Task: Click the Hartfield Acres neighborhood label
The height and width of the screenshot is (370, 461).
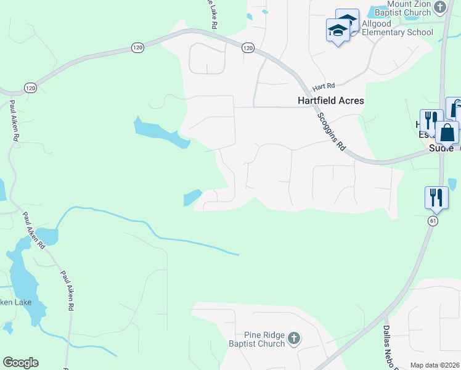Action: [x=332, y=101]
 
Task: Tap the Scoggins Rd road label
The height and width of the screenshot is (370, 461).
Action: [x=331, y=131]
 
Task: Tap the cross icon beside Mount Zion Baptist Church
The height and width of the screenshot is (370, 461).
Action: [x=439, y=7]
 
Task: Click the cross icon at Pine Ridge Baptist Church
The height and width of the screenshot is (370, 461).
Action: [x=294, y=338]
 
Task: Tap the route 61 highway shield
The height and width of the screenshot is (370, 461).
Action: [x=433, y=220]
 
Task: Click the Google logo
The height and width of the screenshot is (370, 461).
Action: [x=20, y=363]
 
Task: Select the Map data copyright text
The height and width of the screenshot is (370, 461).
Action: [x=434, y=365]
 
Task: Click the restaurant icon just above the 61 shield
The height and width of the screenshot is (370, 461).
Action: [x=436, y=197]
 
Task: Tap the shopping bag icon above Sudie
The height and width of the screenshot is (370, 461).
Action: [x=446, y=133]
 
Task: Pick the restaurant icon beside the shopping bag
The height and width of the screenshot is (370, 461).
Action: [x=431, y=120]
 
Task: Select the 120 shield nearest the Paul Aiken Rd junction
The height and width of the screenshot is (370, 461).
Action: [x=31, y=88]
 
